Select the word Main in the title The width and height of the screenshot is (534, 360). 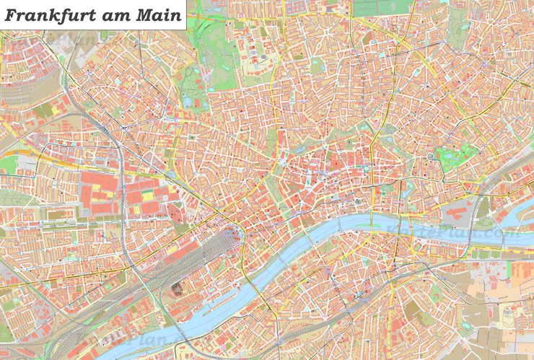[159, 15]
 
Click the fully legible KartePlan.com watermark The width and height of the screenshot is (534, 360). [453, 234]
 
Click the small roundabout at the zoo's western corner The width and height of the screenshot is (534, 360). [432, 157]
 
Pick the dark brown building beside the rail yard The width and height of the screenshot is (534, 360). [177, 289]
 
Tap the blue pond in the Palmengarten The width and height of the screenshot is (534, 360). [189, 102]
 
